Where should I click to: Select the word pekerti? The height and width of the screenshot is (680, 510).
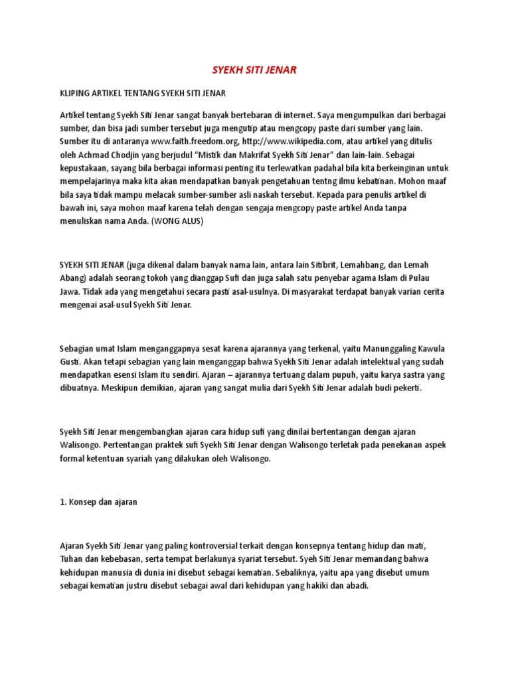tap(404, 388)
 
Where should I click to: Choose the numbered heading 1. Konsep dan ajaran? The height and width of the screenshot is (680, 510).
tap(98, 501)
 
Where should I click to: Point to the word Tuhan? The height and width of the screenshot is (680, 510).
tap(71, 558)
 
